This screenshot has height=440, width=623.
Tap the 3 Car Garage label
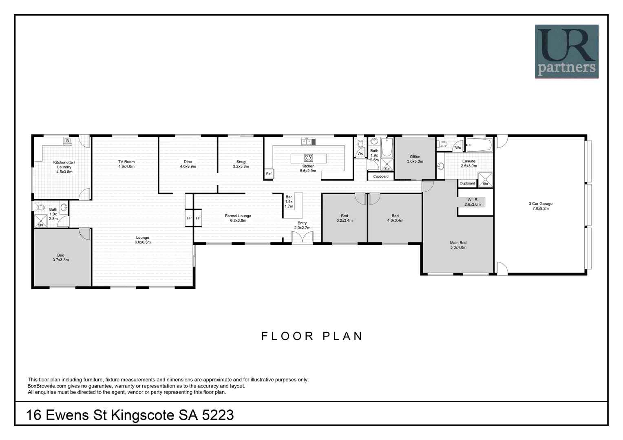click(x=540, y=206)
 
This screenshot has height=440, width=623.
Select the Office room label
click(x=415, y=159)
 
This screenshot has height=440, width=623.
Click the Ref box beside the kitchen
click(x=268, y=174)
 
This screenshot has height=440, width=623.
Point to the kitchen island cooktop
click(x=308, y=158)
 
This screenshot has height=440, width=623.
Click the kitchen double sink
click(x=308, y=142)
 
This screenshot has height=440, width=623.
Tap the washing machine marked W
click(x=68, y=141)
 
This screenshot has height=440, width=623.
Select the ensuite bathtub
click(x=479, y=145)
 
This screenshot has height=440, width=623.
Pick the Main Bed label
click(x=458, y=245)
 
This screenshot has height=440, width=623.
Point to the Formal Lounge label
click(x=238, y=218)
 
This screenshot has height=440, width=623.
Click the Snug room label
click(x=241, y=164)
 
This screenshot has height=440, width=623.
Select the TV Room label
click(x=126, y=164)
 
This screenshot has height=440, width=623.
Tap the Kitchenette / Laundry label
click(x=64, y=167)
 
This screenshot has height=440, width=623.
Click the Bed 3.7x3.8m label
click(x=61, y=257)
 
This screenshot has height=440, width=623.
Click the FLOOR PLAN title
click(x=312, y=337)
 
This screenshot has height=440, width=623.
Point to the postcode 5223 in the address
click(x=218, y=415)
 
